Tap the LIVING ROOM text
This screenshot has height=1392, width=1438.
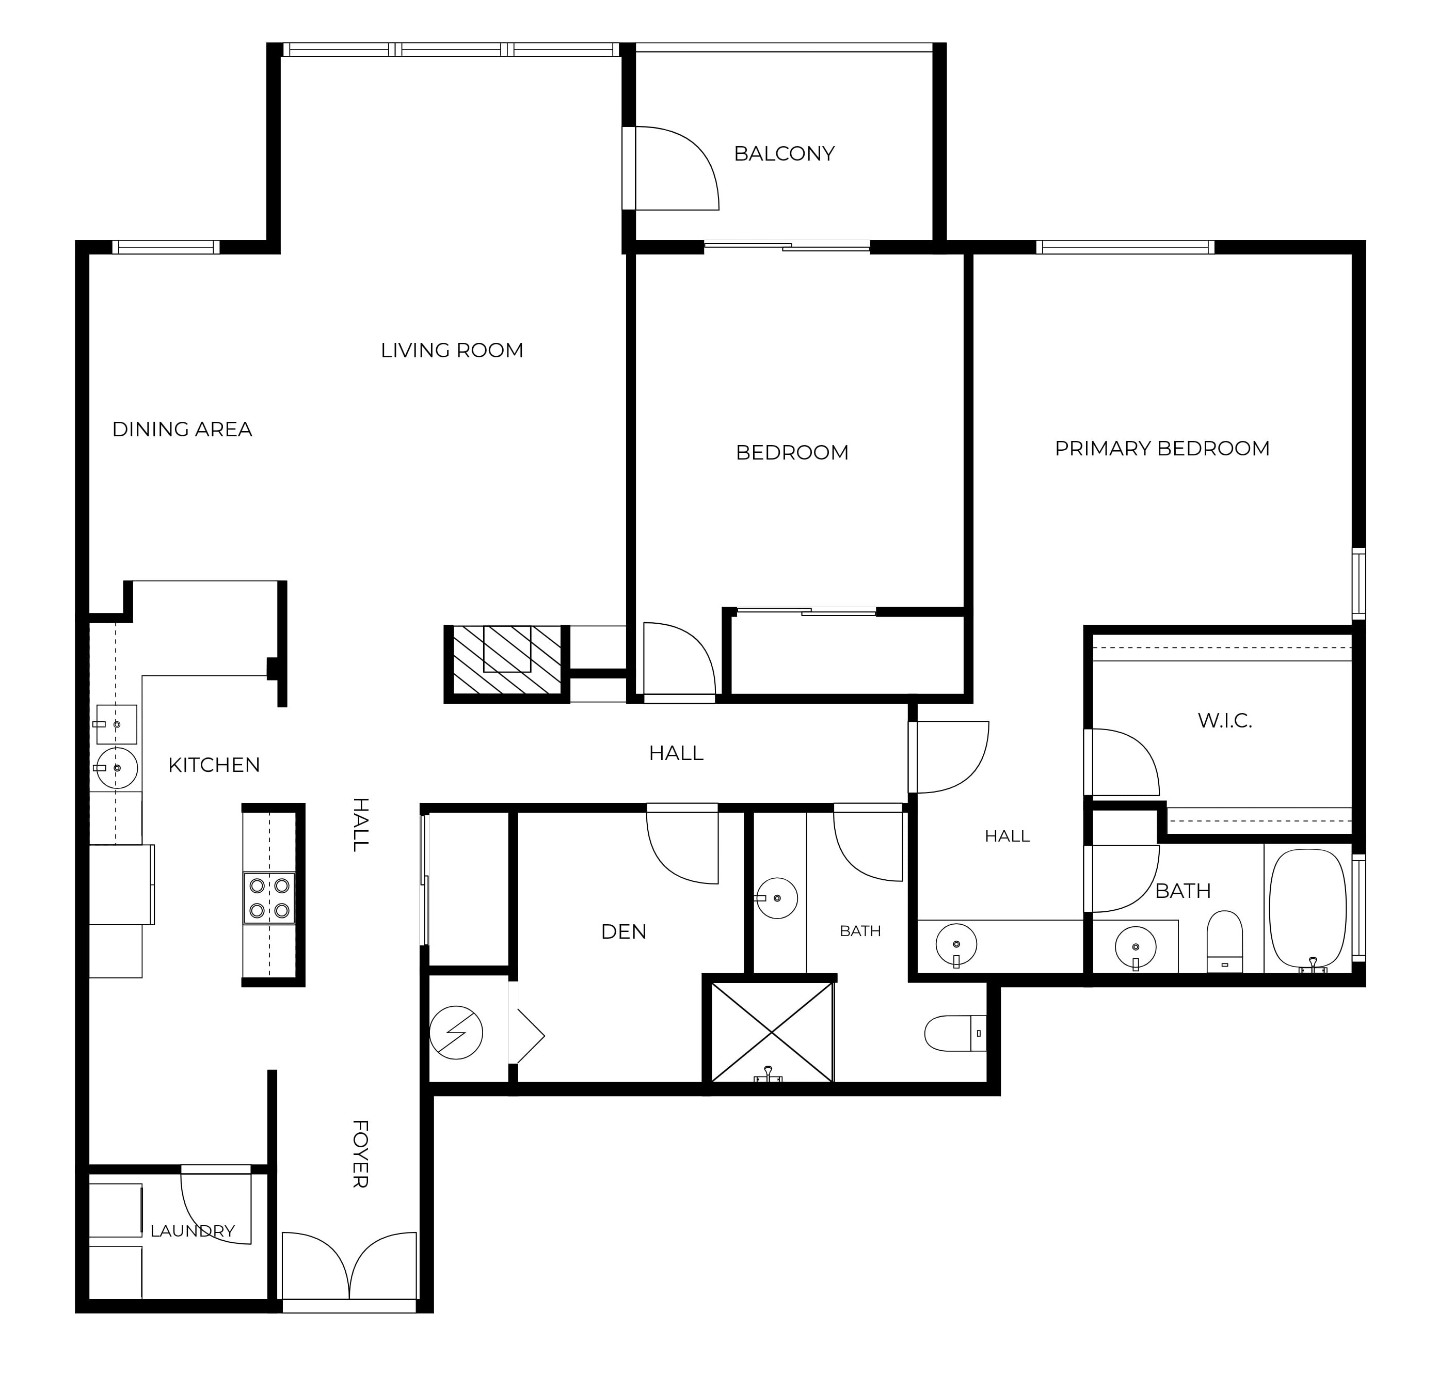tap(452, 350)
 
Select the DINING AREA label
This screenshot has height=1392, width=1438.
tap(182, 429)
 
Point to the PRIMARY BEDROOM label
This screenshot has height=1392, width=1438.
tap(1162, 448)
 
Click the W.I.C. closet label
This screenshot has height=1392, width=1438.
tap(1224, 721)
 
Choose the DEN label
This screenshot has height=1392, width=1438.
tap(624, 932)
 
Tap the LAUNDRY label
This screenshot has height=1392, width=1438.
tap(192, 1230)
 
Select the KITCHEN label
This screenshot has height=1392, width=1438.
tap(214, 765)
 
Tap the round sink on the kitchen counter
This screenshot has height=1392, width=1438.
tap(117, 768)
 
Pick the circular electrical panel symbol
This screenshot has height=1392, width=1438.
tap(456, 1033)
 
